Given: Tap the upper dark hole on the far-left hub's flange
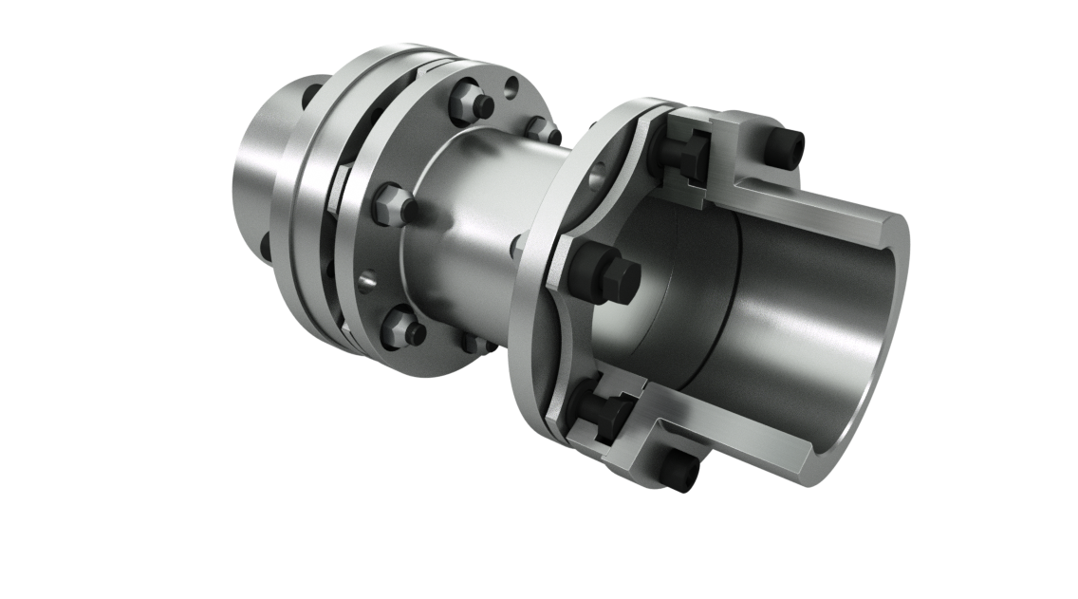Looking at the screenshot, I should click(x=311, y=95).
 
